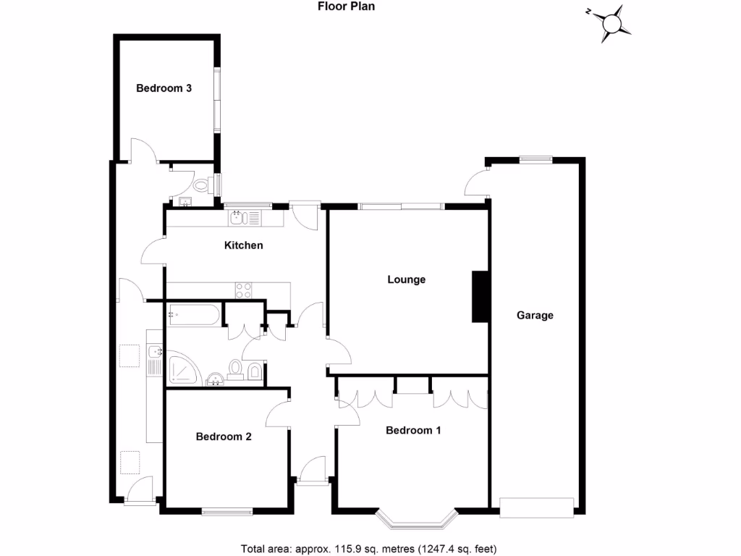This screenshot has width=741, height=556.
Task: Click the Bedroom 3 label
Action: pyautogui.click(x=164, y=88)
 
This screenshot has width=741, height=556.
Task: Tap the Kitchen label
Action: pyautogui.click(x=243, y=245)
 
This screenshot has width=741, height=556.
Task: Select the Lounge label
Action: pyautogui.click(x=406, y=279)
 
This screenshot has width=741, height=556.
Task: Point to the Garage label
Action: pyautogui.click(x=535, y=315)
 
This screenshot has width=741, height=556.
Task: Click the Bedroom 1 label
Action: pyautogui.click(x=413, y=430)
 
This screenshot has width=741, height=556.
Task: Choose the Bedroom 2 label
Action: pyautogui.click(x=224, y=437)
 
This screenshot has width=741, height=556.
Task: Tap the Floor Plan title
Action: pyautogui.click(x=346, y=7)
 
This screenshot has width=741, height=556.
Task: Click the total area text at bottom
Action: pyautogui.click(x=368, y=548)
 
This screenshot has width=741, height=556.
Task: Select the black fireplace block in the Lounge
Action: pyautogui.click(x=480, y=296)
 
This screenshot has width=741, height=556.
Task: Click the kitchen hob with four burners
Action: pyautogui.click(x=244, y=290)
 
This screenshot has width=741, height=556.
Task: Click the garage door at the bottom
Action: pyautogui.click(x=537, y=507)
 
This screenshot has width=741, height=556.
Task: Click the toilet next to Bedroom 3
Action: pyautogui.click(x=202, y=185)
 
